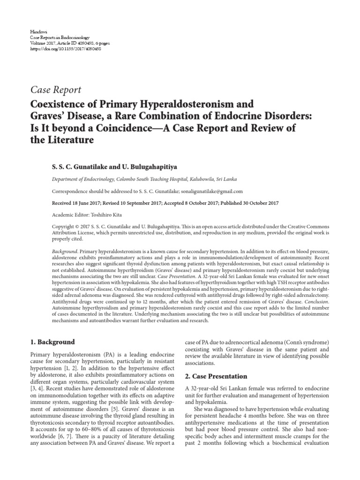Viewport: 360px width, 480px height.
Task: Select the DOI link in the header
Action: (x=66, y=49)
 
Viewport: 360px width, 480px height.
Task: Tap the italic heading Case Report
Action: (x=55, y=90)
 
